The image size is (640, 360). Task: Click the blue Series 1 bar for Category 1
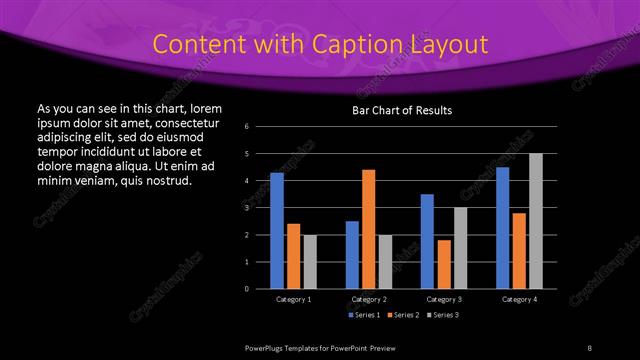point(277,230)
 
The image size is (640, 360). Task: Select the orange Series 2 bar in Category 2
point(368,228)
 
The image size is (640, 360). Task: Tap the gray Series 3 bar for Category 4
point(536,220)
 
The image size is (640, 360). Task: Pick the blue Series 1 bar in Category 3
point(427,241)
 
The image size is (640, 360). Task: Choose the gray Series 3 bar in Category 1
point(310,261)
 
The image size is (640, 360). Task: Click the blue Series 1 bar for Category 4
point(502,227)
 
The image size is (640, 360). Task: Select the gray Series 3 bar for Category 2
point(385,261)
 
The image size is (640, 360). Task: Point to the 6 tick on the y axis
point(260,126)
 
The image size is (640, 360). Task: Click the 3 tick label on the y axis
point(260,207)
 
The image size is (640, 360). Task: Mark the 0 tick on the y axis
point(260,288)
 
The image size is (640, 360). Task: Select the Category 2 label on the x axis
point(369,299)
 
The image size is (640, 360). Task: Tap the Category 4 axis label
point(519,299)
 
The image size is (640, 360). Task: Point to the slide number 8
point(590,347)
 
